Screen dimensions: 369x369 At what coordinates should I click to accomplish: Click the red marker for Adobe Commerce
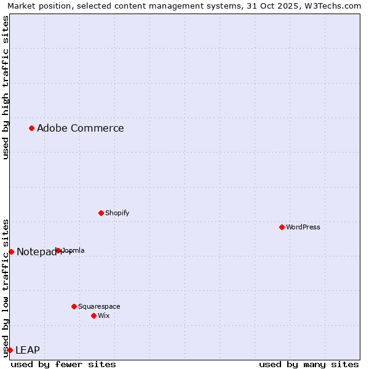click(x=31, y=128)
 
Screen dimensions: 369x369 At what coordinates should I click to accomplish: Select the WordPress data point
click(x=282, y=227)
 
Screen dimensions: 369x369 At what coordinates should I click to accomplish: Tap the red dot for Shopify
click(x=101, y=213)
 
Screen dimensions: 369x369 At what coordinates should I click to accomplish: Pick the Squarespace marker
click(x=74, y=306)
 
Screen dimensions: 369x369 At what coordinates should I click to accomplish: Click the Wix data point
click(x=93, y=315)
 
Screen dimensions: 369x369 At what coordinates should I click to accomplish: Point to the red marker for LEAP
click(x=10, y=350)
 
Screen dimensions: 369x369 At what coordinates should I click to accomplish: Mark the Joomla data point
click(x=58, y=250)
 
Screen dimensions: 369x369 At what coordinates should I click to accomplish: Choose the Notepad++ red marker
click(x=11, y=252)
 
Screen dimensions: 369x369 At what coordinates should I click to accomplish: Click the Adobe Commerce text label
click(x=80, y=128)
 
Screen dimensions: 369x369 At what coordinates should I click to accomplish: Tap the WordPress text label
click(x=303, y=227)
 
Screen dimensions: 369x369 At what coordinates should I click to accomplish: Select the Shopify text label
click(x=117, y=213)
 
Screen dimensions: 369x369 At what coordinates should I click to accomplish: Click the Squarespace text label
click(x=99, y=306)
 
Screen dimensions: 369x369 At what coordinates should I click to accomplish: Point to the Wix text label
click(x=103, y=315)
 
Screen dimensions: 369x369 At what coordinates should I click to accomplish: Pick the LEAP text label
click(x=27, y=350)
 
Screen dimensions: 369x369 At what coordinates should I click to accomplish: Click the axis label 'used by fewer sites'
click(x=63, y=364)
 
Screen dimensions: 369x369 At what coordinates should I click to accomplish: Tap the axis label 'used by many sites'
click(x=309, y=364)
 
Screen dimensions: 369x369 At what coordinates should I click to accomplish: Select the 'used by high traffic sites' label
click(x=6, y=87)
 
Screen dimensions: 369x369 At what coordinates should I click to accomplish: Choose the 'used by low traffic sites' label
click(x=6, y=287)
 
